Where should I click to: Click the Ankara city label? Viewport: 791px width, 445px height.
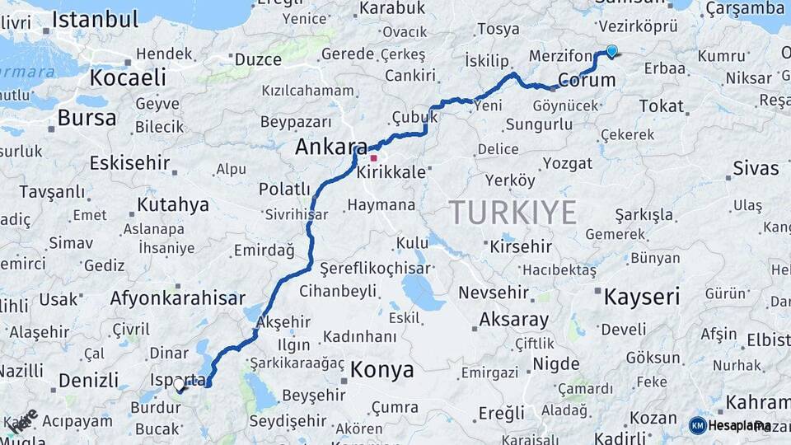click(331, 148)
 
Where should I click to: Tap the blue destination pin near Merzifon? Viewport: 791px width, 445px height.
click(611, 51)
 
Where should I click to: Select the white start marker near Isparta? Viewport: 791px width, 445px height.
click(179, 384)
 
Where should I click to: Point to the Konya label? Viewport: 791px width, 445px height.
click(381, 370)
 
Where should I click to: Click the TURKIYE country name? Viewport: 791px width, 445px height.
click(513, 213)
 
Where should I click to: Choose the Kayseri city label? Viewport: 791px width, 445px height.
click(642, 297)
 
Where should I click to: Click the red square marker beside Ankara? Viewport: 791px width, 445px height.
click(374, 158)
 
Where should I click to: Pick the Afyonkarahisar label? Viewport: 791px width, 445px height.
click(178, 298)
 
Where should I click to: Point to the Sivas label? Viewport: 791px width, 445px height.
click(756, 169)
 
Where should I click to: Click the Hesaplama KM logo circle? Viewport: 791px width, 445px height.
click(697, 425)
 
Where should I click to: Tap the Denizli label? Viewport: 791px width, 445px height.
click(88, 381)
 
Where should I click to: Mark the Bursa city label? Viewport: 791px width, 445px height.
click(87, 118)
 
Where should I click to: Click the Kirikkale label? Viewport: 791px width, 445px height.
click(391, 173)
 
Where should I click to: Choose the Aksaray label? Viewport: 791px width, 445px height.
click(513, 319)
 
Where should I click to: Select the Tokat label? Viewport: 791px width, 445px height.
click(661, 106)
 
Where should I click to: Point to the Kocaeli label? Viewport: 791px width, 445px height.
click(128, 78)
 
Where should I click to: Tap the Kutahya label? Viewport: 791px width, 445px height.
click(173, 204)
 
